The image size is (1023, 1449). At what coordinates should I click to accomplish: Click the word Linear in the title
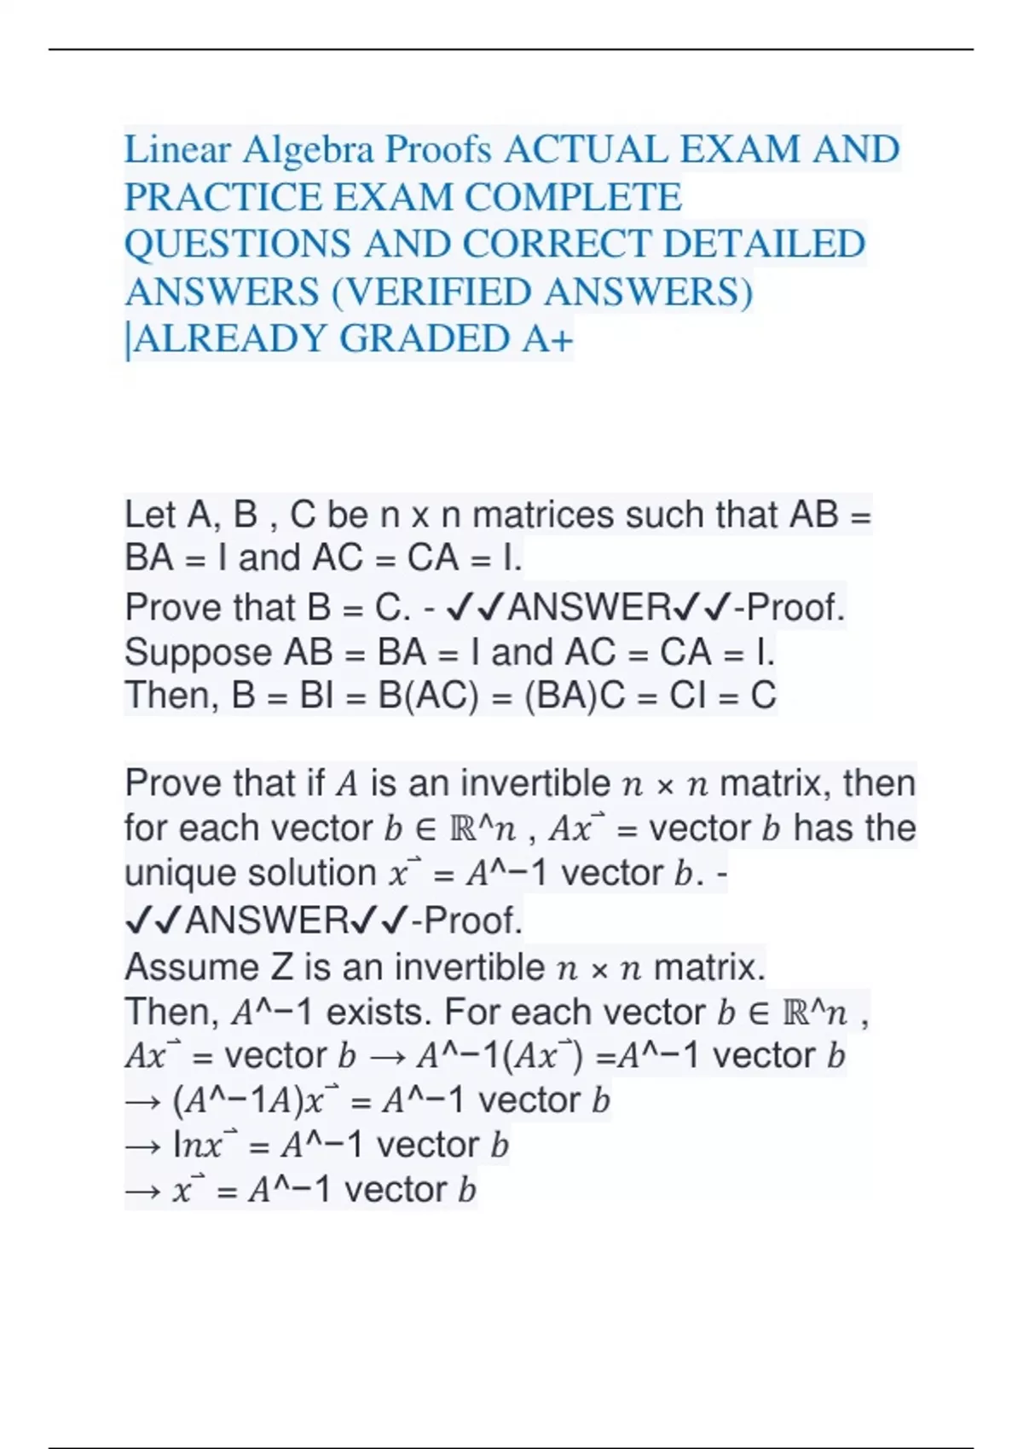177,150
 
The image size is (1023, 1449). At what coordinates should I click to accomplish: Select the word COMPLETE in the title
573,198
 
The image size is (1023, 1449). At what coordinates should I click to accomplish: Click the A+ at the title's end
546,339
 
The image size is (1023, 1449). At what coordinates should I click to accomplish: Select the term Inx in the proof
199,1145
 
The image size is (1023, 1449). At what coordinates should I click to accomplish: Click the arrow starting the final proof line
142,1190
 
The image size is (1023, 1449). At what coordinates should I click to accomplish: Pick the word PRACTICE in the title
223,198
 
